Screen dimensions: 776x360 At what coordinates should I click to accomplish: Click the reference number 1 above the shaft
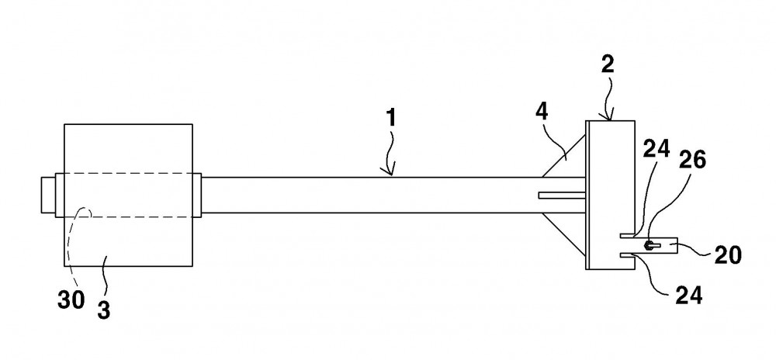[x=391, y=119]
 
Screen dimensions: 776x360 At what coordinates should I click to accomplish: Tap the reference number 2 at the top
[x=608, y=64]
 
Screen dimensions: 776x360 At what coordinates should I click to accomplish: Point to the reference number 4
[x=542, y=112]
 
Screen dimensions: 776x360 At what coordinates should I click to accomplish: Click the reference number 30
[x=71, y=300]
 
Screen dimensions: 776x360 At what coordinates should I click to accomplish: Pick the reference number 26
[x=692, y=160]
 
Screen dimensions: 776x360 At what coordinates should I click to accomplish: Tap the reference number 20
[x=728, y=255]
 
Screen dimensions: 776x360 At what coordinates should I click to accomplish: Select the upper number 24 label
[x=657, y=148]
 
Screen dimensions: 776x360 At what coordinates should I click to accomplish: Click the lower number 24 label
[x=688, y=296]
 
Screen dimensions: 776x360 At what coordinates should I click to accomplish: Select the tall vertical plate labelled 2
[x=610, y=195]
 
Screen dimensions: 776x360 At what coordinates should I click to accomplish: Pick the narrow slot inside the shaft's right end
[x=562, y=196]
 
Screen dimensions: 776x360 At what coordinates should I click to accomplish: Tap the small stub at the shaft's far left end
[x=48, y=195]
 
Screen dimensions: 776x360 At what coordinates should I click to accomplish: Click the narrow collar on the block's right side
[x=197, y=195]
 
